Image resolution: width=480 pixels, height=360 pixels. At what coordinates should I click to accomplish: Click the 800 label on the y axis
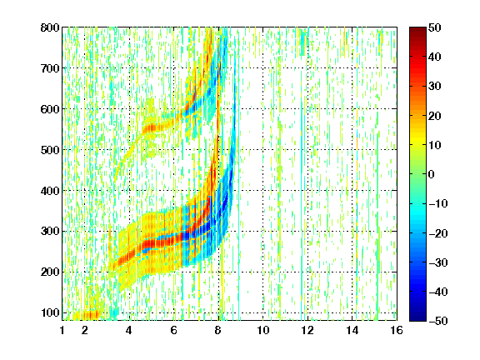(50, 27)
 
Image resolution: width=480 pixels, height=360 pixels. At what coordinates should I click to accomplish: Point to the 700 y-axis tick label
(50, 68)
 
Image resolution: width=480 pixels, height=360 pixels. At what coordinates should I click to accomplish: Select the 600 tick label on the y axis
(50, 109)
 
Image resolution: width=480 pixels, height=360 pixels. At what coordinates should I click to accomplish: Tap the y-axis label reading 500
(50, 150)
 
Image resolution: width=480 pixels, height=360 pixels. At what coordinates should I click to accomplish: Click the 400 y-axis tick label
(50, 191)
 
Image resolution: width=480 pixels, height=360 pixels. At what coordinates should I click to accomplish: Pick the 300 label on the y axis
(50, 232)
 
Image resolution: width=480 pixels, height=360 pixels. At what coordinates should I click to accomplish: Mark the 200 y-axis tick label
(50, 272)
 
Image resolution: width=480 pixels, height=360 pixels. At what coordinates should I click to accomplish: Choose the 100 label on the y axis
(50, 312)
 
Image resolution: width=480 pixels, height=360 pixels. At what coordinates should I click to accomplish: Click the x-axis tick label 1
(62, 330)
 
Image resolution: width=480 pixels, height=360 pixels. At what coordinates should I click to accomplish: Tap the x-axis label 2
(85, 330)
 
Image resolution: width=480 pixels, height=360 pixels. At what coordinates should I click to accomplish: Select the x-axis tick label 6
(174, 330)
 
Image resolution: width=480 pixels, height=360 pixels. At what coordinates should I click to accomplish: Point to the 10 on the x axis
(263, 330)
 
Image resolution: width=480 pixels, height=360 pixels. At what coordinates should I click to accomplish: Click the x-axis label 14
(352, 330)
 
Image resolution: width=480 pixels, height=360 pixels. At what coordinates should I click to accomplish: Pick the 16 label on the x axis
(397, 330)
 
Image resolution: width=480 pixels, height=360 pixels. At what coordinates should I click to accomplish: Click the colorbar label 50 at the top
(434, 27)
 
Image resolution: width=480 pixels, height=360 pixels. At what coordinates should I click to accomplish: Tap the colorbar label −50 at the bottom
(438, 321)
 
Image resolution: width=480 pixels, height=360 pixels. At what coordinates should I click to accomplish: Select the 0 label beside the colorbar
(432, 174)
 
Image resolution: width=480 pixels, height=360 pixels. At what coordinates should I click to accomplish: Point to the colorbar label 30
(434, 86)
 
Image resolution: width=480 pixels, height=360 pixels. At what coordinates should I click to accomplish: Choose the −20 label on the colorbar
(438, 233)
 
